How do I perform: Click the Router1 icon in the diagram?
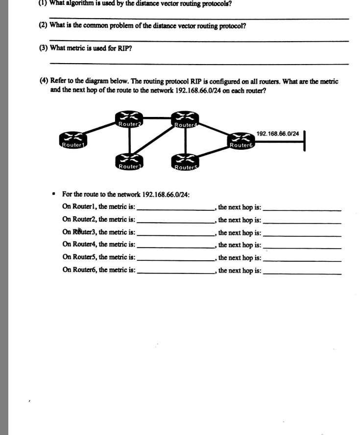pyautogui.click(x=72, y=139)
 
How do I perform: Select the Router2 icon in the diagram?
pyautogui.click(x=129, y=119)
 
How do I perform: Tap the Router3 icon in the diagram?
pyautogui.click(x=129, y=161)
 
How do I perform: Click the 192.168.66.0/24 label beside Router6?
pyautogui.click(x=277, y=134)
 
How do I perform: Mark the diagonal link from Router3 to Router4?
pyautogui.click(x=157, y=141)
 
